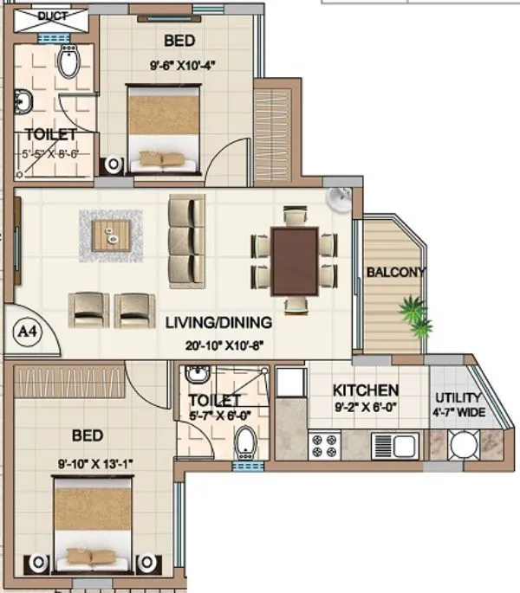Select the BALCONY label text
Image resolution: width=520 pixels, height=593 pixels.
(396, 272)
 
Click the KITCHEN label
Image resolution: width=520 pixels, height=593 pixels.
(366, 390)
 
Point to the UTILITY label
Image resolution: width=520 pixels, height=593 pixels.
(458, 398)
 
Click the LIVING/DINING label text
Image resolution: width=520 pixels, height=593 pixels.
(218, 323)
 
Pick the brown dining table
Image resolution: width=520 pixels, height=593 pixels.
(294, 261)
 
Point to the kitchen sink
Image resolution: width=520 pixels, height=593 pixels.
(395, 445)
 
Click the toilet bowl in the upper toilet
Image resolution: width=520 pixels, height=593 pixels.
(69, 60)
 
